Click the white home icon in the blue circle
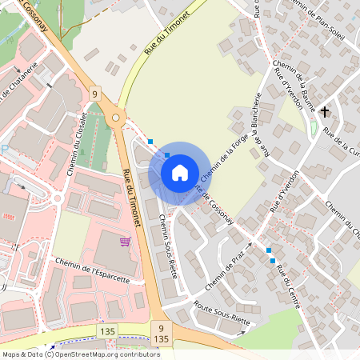click(180, 172)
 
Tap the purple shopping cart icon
click(125, 241)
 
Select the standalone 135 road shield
click(107, 330)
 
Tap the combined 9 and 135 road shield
click(161, 334)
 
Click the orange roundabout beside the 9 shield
click(117, 119)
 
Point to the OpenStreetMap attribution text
click(81, 354)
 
